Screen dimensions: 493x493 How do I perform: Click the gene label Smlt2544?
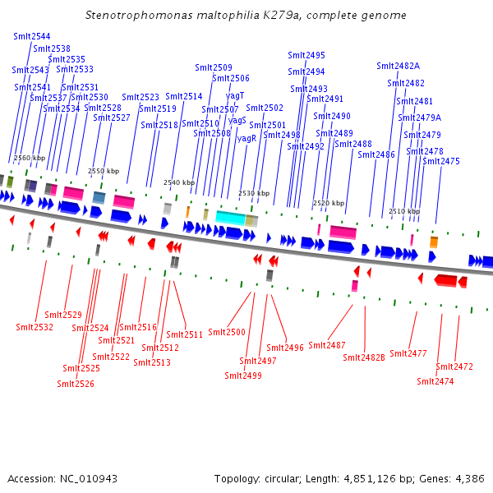(32, 37)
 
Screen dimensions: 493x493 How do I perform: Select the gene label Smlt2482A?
(398, 66)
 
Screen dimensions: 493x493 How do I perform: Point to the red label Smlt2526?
(76, 384)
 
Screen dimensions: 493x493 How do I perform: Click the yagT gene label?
(235, 95)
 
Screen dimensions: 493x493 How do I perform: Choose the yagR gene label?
(246, 138)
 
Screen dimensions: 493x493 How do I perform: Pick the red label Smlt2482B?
(364, 357)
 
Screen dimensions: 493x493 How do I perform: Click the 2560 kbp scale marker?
(30, 158)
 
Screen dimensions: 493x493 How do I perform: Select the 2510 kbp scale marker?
(404, 211)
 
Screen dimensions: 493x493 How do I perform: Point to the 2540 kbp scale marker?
(179, 182)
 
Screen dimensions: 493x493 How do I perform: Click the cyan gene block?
(230, 218)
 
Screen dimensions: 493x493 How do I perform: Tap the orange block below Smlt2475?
(434, 242)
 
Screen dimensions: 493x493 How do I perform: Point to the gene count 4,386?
(468, 478)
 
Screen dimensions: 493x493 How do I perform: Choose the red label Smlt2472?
(454, 366)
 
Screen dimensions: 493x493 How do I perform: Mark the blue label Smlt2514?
(183, 96)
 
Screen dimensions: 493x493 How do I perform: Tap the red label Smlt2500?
(227, 332)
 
